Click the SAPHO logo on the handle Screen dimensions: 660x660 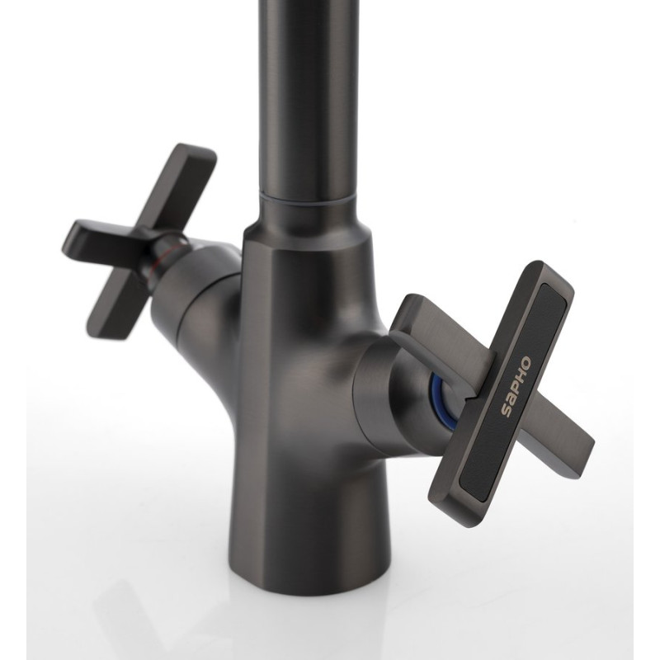[516, 386]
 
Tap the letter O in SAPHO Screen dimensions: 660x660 [526, 363]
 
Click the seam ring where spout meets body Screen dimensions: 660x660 [305, 199]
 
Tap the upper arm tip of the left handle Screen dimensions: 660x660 [197, 154]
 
